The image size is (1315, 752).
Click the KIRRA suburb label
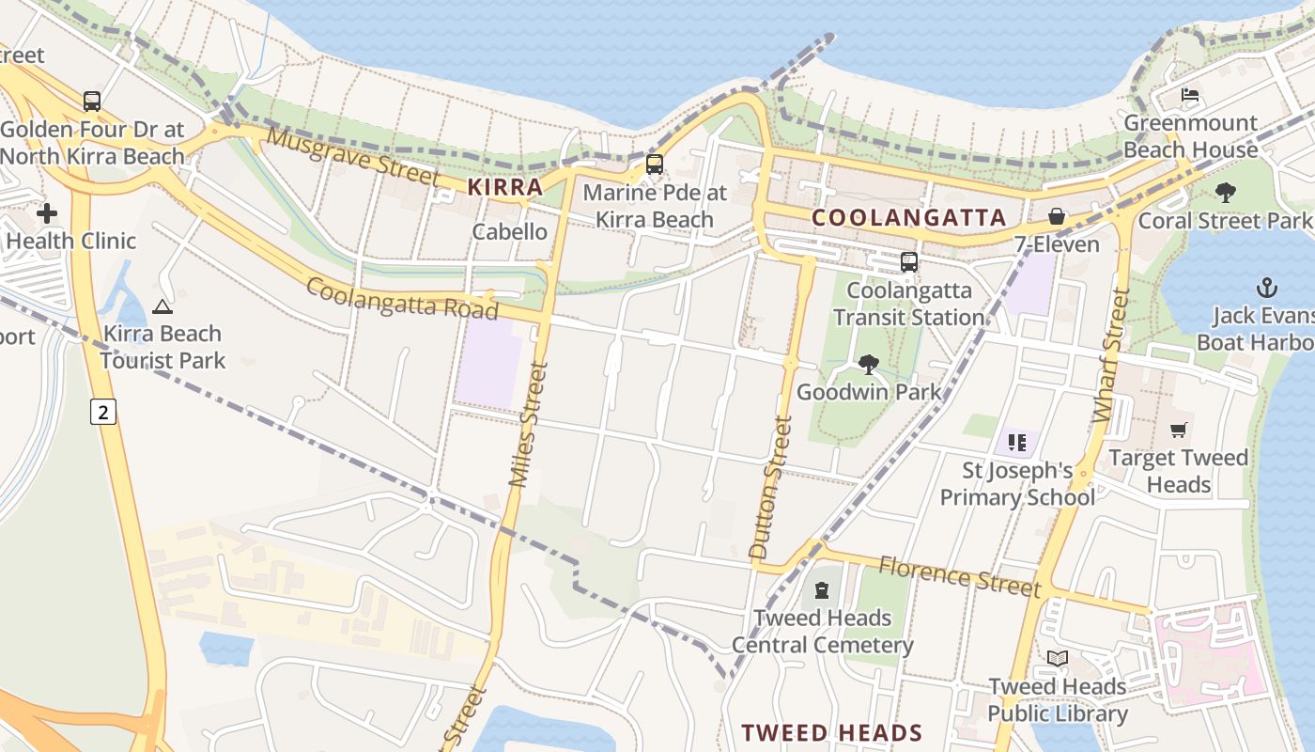point(505,186)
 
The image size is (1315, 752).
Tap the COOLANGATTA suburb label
point(908,218)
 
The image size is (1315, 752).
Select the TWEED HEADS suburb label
point(831,732)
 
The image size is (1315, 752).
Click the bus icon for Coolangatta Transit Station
point(908,262)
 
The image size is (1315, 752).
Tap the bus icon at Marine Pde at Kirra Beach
point(655,164)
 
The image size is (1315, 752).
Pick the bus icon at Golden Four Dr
point(92,102)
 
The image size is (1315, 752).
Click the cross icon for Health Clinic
point(47,213)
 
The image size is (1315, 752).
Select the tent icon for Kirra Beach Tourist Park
point(162,306)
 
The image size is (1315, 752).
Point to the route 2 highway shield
point(103,411)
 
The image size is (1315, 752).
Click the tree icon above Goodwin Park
point(869,364)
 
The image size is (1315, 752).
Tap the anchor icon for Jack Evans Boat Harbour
point(1267,288)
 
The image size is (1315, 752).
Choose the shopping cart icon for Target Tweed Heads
point(1179,431)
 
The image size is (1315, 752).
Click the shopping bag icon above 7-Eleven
point(1057,217)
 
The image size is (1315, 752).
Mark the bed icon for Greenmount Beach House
point(1190,96)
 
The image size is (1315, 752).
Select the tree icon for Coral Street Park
point(1225,193)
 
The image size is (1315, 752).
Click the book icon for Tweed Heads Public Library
point(1058,659)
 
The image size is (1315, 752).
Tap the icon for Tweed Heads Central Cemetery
point(822,590)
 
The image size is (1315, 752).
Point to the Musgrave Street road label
point(352,156)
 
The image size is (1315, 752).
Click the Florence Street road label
point(960,575)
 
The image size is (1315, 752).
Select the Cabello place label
point(509,231)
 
